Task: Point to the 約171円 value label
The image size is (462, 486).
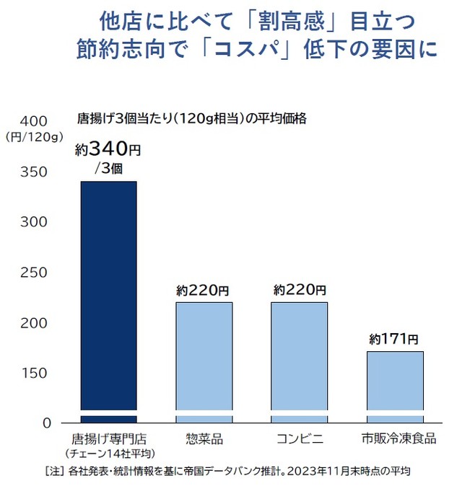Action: (393, 337)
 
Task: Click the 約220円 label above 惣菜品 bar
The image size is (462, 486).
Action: (203, 291)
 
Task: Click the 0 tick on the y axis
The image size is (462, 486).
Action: (44, 423)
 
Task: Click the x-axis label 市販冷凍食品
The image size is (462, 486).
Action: (396, 438)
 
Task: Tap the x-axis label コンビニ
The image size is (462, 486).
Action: (299, 438)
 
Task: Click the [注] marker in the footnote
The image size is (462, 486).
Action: (55, 472)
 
